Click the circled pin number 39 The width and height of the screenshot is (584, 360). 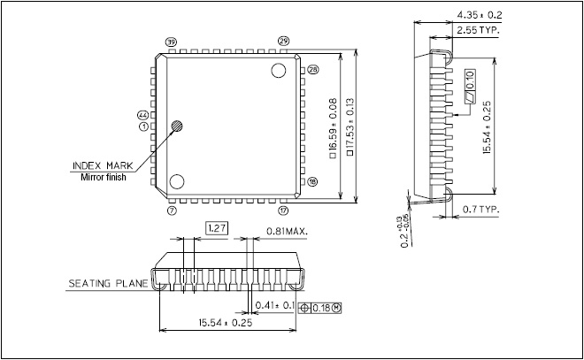(x=171, y=42)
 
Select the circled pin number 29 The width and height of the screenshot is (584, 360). (x=283, y=42)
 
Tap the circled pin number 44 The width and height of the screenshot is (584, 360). (x=142, y=115)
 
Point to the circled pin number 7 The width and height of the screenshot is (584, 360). (x=171, y=211)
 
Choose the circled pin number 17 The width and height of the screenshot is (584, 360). (x=283, y=211)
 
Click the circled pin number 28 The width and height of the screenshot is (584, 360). (x=312, y=68)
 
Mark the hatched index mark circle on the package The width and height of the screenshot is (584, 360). (x=178, y=126)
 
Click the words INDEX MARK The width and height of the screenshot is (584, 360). (x=98, y=165)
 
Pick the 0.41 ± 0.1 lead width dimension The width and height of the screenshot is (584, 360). (x=275, y=305)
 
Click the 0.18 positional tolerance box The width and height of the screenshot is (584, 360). (x=323, y=308)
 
